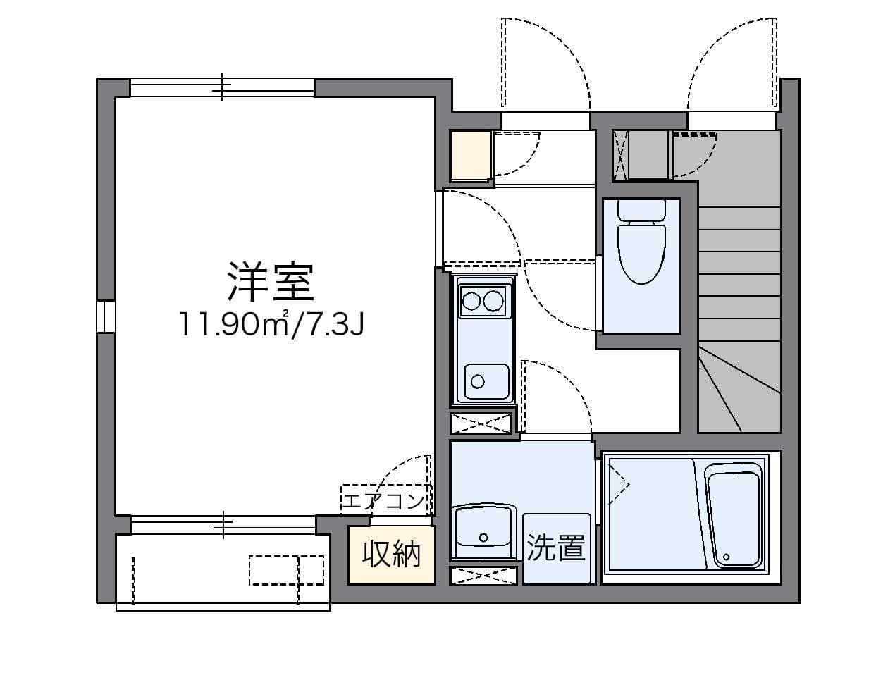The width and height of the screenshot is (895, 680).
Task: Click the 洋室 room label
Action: [271, 282]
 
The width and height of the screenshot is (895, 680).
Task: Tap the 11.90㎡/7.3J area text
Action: [271, 325]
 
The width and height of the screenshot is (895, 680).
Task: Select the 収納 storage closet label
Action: [391, 555]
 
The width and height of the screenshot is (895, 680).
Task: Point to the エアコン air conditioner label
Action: [383, 502]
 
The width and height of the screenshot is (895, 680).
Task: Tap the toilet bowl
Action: [642, 252]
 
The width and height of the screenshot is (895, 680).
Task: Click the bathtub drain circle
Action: [726, 557]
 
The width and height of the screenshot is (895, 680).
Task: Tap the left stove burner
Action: [471, 302]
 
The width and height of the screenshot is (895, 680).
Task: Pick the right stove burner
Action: [493, 302]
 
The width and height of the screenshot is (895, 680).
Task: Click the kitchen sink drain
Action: [478, 382]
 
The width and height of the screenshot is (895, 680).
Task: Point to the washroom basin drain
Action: [483, 538]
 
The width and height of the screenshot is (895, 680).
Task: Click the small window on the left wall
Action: [106, 317]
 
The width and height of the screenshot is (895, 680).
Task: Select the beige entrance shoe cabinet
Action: [471, 156]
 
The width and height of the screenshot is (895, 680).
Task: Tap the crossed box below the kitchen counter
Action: [481, 424]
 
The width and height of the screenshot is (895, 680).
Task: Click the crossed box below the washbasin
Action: [483, 576]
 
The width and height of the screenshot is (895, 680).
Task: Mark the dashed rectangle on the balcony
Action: [286, 571]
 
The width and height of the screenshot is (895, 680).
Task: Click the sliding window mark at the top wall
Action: [222, 87]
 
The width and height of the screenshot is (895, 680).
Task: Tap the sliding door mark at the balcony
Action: [223, 524]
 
